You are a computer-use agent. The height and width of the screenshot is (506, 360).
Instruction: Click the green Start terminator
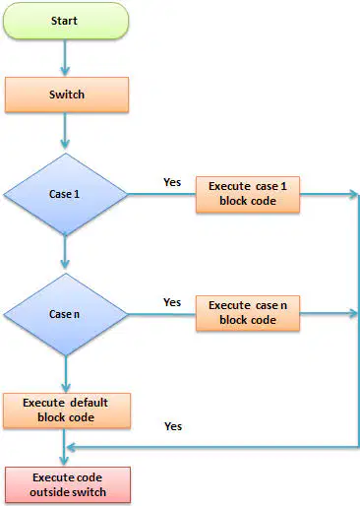coord(66,21)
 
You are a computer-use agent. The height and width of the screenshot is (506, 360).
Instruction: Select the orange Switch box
coord(67,95)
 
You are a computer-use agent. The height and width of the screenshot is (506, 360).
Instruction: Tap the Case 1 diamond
coord(65,194)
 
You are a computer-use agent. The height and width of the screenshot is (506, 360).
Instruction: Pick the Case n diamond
coord(65,314)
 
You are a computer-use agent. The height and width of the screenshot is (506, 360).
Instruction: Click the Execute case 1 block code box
coord(248,195)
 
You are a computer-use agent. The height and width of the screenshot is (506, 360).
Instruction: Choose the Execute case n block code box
coord(248,313)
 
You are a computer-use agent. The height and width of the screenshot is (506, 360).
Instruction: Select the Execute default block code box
coord(67,411)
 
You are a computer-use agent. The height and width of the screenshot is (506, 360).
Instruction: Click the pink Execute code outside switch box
coord(68,484)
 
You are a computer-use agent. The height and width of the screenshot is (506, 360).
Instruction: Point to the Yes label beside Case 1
coord(172,182)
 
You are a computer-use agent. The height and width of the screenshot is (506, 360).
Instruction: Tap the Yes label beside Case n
coord(172,302)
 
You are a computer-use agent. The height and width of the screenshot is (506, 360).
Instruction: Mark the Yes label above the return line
coord(173,426)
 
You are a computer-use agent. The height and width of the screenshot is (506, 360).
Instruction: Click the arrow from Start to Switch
coord(65,58)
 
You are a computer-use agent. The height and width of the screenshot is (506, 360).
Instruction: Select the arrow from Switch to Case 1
coord(65,131)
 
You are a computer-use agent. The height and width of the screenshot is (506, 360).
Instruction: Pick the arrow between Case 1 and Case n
coord(65,252)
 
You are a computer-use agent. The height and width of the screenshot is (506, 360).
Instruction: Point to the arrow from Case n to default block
coord(66,374)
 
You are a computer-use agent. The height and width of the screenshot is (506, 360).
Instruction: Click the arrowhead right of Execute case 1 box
coord(353,194)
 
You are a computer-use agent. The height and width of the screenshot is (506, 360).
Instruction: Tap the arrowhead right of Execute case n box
coord(353,313)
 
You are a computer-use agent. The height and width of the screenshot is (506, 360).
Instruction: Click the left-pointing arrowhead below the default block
coord(71,447)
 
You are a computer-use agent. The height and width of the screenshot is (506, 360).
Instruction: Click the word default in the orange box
coord(89,403)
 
